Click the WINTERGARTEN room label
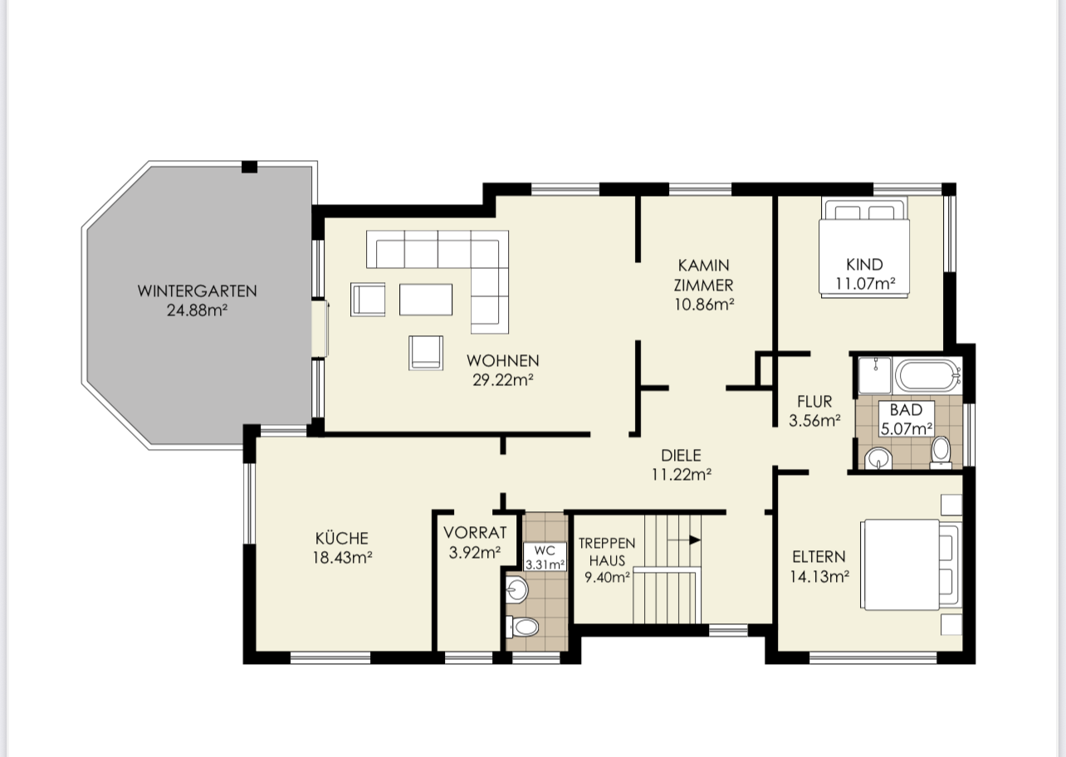pyautogui.click(x=197, y=291)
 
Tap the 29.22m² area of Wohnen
pyautogui.click(x=503, y=380)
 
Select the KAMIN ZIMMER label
pyautogui.click(x=704, y=275)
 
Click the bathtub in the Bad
pyautogui.click(x=928, y=376)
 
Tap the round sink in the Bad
pyautogui.click(x=878, y=459)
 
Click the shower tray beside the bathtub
pyautogui.click(x=875, y=375)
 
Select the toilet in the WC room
pyautogui.click(x=522, y=627)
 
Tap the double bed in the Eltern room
pyautogui.click(x=911, y=564)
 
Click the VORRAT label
pyautogui.click(x=475, y=532)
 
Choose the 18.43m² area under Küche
pyautogui.click(x=342, y=557)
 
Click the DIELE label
pyautogui.click(x=681, y=456)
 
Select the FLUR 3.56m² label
pyautogui.click(x=814, y=411)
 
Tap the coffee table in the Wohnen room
pyautogui.click(x=425, y=300)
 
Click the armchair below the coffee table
pyautogui.click(x=425, y=353)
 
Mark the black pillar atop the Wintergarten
pyautogui.click(x=249, y=167)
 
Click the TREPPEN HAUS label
pyautogui.click(x=607, y=552)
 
